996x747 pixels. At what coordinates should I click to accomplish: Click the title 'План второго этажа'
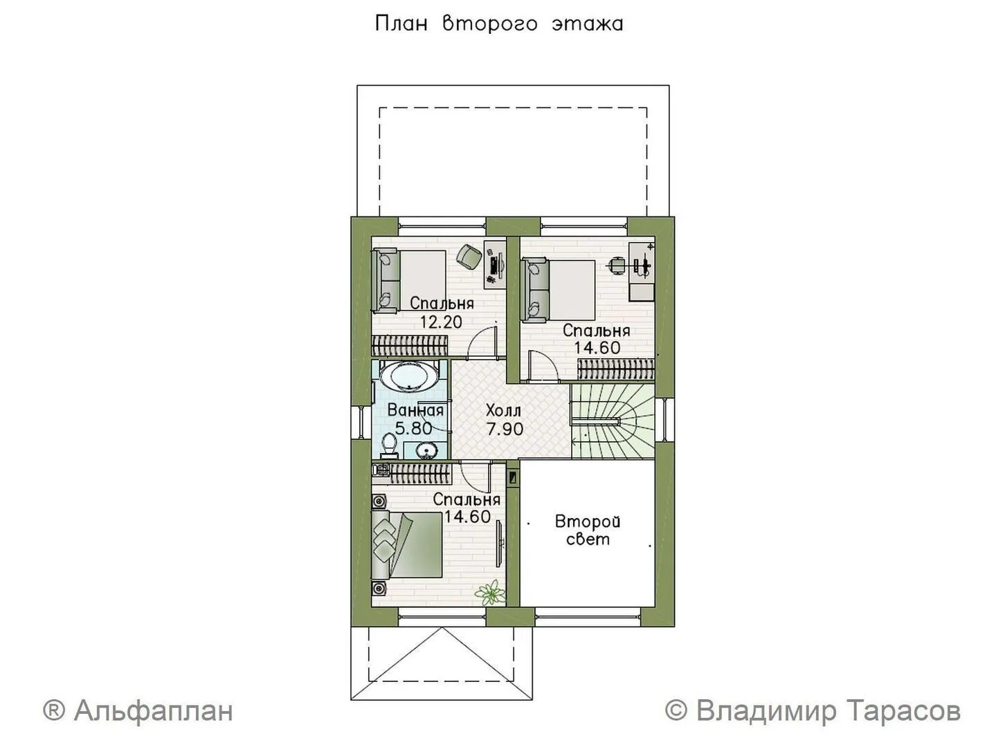499,24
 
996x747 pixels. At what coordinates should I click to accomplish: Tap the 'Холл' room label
504,411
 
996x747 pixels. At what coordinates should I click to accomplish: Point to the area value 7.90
505,428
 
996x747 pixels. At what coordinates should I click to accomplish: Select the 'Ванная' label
415,411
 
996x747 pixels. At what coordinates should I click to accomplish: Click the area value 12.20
441,322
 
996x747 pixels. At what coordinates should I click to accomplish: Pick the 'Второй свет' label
588,531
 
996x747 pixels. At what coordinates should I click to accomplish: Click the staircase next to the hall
613,421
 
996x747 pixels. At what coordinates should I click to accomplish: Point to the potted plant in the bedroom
489,593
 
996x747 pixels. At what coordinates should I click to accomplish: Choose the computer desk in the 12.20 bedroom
495,264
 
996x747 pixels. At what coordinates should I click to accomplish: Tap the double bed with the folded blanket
406,545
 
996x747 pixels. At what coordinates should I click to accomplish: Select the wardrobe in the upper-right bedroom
616,369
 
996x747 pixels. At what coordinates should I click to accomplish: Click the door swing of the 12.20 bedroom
482,341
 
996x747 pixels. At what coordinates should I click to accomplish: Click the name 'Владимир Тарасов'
829,711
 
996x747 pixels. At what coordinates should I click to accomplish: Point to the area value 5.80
413,428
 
